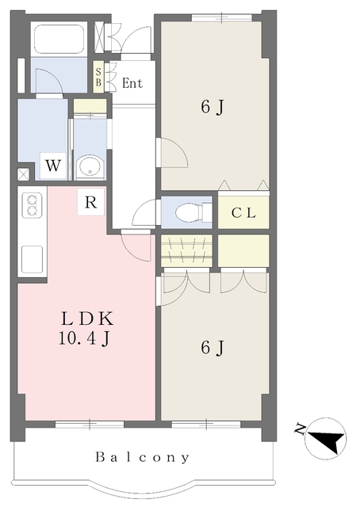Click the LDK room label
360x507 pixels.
click(x=87, y=318)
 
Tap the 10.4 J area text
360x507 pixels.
click(x=85, y=338)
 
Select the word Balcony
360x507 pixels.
click(x=143, y=458)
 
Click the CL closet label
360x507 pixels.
click(x=243, y=213)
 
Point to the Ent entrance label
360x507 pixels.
click(x=132, y=83)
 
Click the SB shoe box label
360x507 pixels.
click(x=98, y=77)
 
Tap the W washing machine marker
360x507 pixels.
click(x=53, y=166)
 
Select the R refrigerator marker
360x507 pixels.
click(x=90, y=203)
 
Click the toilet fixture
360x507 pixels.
click(x=193, y=212)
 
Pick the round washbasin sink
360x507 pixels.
click(x=90, y=167)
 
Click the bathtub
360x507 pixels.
click(x=59, y=39)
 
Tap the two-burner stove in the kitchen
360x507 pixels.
click(x=32, y=205)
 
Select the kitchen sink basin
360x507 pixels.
click(x=32, y=259)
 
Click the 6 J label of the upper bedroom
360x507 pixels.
click(x=213, y=107)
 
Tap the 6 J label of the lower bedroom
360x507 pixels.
click(x=213, y=348)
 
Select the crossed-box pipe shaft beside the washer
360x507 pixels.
click(x=23, y=174)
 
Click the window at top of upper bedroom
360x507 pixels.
click(x=222, y=17)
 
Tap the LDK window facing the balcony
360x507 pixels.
click(x=90, y=425)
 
